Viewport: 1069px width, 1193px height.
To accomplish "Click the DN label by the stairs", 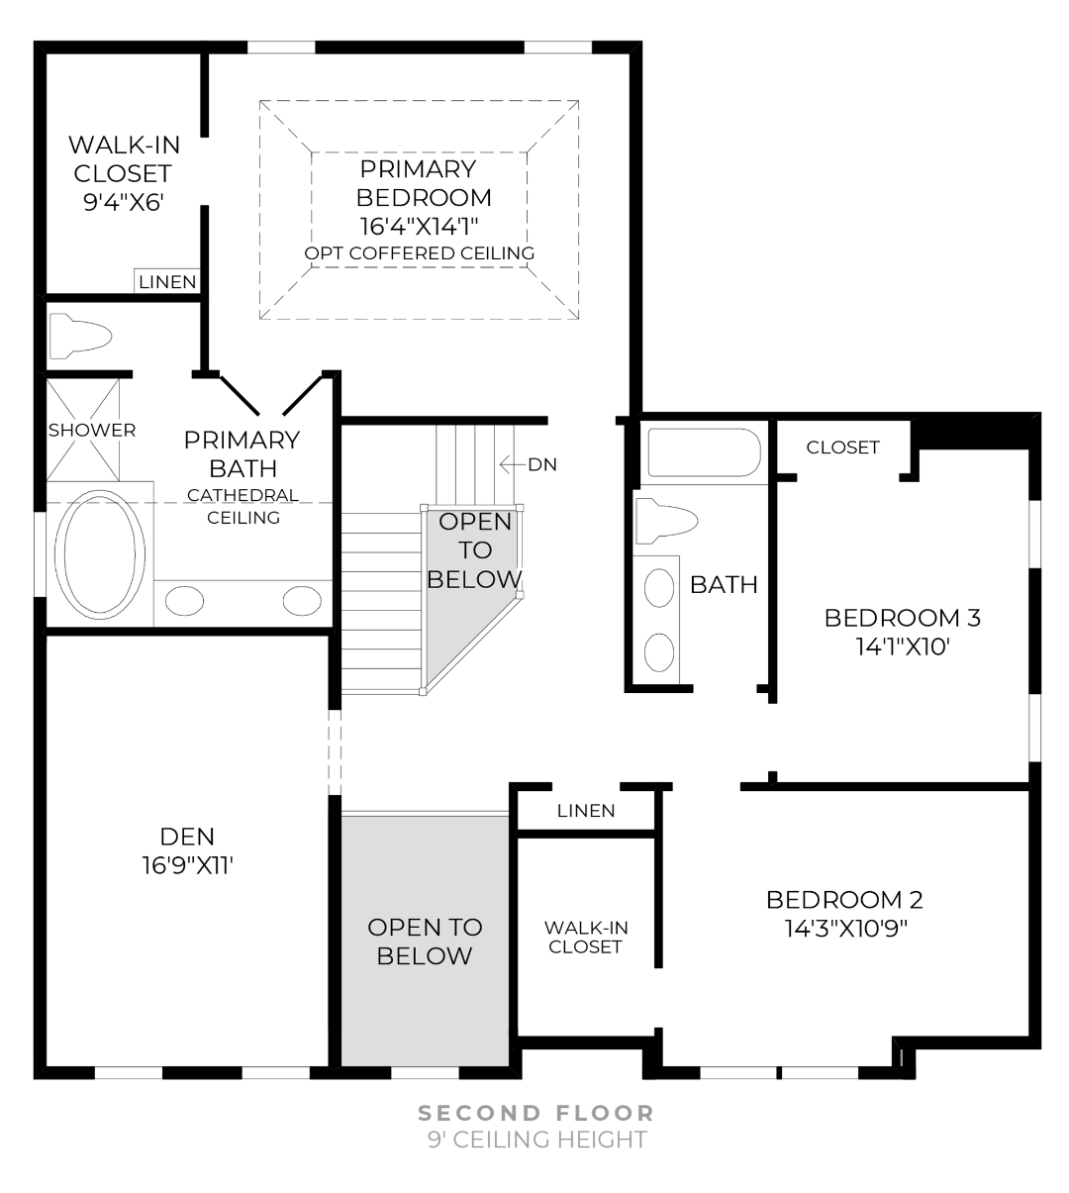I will pyautogui.click(x=542, y=463).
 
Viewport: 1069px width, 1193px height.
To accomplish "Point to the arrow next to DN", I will pyautogui.click(x=512, y=463).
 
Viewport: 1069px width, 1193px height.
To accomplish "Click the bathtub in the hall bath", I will pyautogui.click(x=704, y=452).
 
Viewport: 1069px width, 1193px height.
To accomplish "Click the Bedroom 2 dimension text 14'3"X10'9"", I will pyautogui.click(x=844, y=929).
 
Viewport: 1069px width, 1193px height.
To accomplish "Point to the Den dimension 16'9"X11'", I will pyautogui.click(x=187, y=865).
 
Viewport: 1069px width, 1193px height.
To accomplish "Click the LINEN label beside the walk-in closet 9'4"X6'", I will pyautogui.click(x=167, y=282).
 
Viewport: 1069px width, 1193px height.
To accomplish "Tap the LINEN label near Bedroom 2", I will pyautogui.click(x=586, y=811).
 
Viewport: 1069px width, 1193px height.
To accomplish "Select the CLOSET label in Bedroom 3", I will pyautogui.click(x=842, y=447).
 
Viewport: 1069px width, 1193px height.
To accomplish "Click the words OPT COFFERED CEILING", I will pyautogui.click(x=420, y=253).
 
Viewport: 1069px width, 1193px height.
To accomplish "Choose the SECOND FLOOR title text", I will pyautogui.click(x=536, y=1113).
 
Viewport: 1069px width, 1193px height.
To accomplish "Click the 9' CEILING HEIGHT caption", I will pyautogui.click(x=536, y=1140).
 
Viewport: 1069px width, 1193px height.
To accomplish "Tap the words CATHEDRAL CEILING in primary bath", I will pyautogui.click(x=243, y=506).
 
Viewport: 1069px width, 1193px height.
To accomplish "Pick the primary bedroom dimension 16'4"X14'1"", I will pyautogui.click(x=424, y=225).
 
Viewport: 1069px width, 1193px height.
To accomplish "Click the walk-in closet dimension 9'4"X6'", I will pyautogui.click(x=124, y=202).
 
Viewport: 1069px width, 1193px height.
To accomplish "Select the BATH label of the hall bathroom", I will pyautogui.click(x=724, y=584).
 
